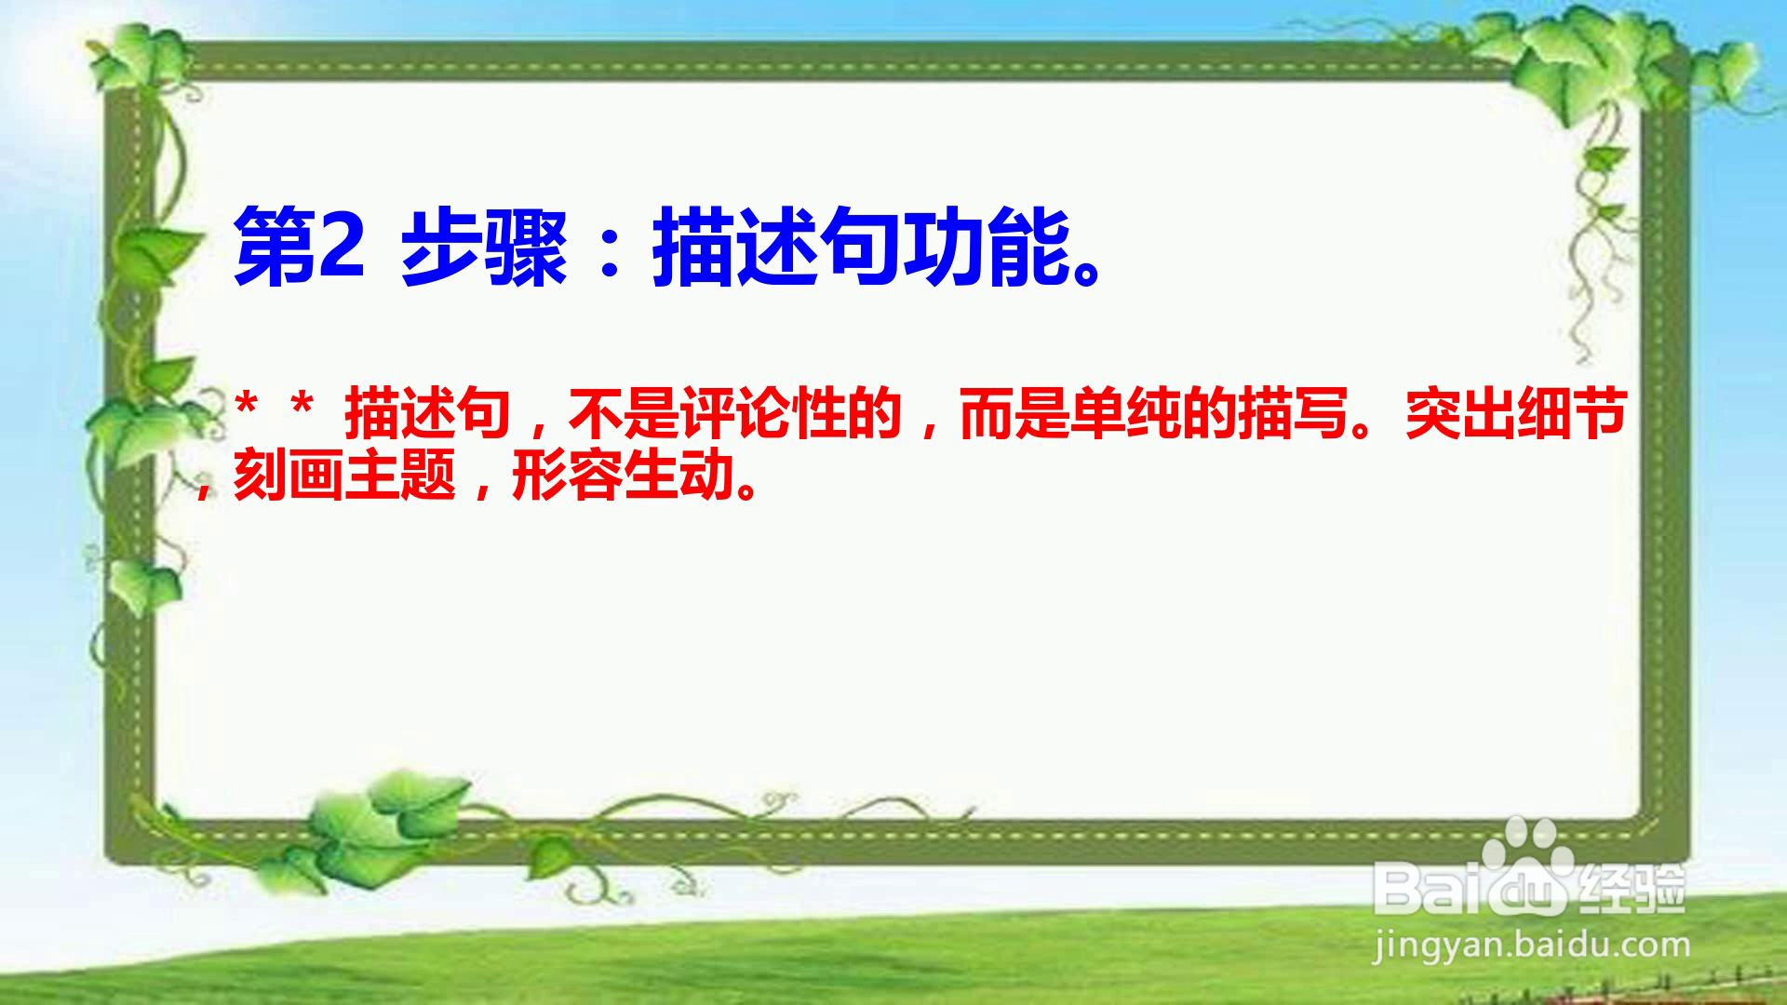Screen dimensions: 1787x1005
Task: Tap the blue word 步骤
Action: (484, 248)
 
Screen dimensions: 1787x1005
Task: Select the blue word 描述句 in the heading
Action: (777, 248)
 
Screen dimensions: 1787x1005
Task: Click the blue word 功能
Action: (987, 248)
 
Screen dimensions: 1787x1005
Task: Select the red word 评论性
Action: (791, 414)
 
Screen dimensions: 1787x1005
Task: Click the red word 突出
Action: (1461, 414)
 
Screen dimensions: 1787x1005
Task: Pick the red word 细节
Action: (1573, 414)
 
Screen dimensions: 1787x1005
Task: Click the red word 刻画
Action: (289, 476)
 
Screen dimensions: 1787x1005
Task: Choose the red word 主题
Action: (400, 476)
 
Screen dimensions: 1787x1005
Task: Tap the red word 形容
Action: (568, 476)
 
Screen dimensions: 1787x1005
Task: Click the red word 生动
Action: (679, 476)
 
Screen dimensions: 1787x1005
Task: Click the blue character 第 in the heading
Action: (275, 248)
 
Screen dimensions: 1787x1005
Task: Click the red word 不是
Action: (624, 414)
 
